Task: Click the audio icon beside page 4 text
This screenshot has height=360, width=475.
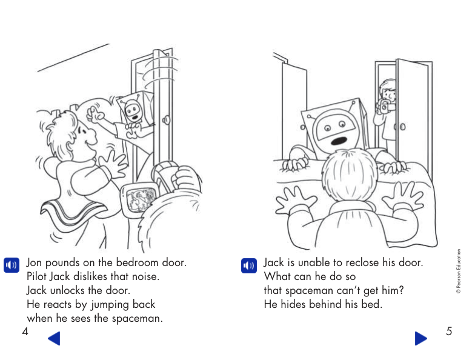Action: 12,265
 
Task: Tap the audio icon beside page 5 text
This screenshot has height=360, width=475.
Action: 248,265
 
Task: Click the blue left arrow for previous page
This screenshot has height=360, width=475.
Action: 54,338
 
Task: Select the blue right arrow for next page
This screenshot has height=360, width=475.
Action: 420,338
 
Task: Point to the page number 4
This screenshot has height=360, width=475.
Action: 25,332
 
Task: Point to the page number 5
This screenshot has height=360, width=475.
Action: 449,332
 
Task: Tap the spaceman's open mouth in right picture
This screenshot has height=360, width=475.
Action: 341,140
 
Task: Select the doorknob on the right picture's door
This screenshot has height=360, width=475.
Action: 403,127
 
